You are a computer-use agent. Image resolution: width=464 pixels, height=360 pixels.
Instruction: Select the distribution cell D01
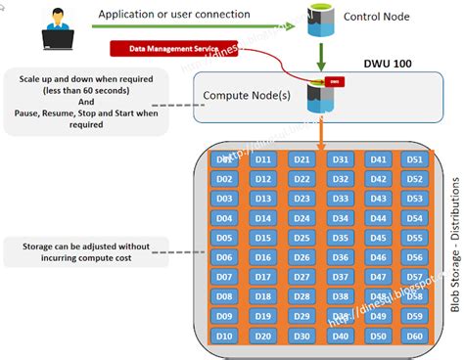[224, 158]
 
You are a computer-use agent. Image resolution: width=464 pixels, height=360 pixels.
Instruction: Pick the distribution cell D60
[415, 337]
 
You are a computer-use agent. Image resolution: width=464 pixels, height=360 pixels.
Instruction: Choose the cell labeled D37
[339, 277]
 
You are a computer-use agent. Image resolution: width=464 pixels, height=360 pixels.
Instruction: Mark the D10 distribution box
[224, 337]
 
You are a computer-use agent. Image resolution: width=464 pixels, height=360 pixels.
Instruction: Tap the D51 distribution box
[415, 158]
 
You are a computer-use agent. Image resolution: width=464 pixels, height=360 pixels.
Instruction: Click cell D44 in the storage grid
[377, 218]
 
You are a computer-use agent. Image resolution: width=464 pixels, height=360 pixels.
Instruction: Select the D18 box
[262, 296]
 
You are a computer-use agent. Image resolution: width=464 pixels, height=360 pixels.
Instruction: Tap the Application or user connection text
[174, 14]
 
